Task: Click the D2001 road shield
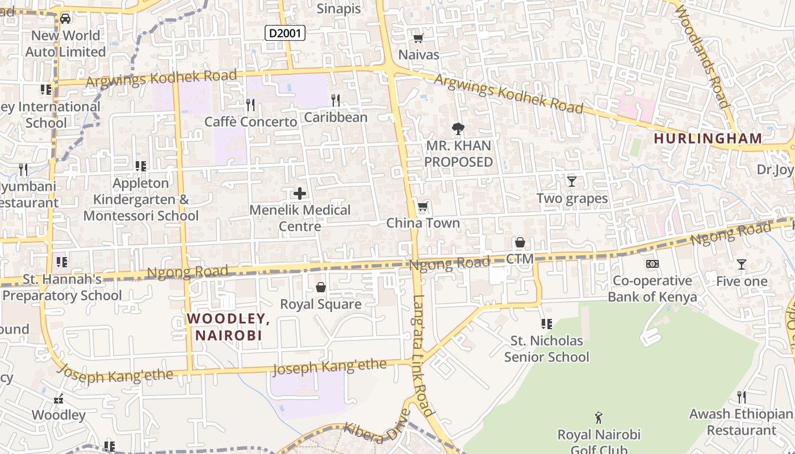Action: click(x=285, y=33)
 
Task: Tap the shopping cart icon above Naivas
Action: click(x=419, y=39)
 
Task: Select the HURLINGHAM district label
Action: click(x=708, y=138)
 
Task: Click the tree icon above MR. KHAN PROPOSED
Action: click(x=458, y=129)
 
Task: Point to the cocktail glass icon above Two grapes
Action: click(x=572, y=182)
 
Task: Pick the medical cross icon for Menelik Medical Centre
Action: click(x=300, y=194)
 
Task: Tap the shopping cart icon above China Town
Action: click(x=422, y=207)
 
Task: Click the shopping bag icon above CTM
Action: click(x=520, y=243)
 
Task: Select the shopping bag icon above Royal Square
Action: click(x=321, y=287)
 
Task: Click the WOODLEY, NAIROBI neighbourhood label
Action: click(x=228, y=327)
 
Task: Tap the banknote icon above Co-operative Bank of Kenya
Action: click(x=652, y=264)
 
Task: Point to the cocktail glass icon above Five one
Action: click(x=741, y=264)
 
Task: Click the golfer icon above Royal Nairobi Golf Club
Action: click(x=598, y=418)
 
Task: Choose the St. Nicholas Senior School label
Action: click(x=546, y=348)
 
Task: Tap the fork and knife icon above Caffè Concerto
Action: click(x=250, y=104)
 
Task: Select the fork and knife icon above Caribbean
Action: click(x=336, y=100)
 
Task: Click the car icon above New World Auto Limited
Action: click(x=65, y=19)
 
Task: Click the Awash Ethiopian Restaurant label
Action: click(x=740, y=422)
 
